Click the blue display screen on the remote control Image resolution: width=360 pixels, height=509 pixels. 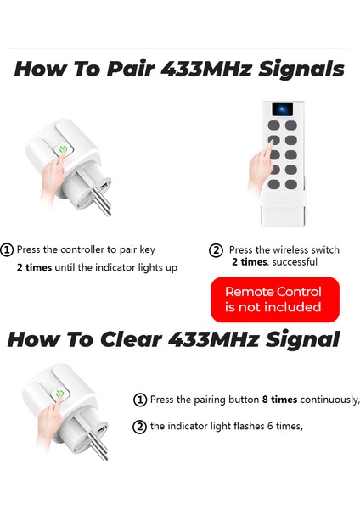click(x=280, y=110)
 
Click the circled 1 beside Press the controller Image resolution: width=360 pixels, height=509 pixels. click(x=8, y=250)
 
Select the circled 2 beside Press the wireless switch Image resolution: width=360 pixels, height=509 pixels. click(x=217, y=250)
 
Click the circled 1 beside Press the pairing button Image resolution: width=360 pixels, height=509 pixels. click(x=140, y=400)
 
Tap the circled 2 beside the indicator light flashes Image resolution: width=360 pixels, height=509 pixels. click(x=140, y=427)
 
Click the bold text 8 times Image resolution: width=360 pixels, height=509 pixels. click(x=279, y=400)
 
